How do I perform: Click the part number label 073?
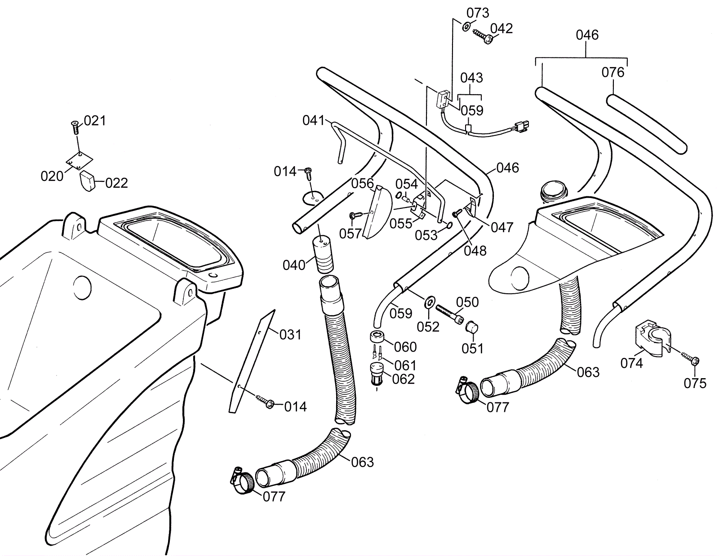[477, 13]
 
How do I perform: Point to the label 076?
[613, 72]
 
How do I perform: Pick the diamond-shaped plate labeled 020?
[80, 160]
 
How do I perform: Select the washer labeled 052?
[429, 302]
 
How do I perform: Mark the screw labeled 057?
[356, 216]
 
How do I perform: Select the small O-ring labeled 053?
[448, 225]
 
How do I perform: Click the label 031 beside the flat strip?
[290, 335]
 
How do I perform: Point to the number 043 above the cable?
[471, 78]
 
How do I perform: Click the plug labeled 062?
[377, 374]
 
